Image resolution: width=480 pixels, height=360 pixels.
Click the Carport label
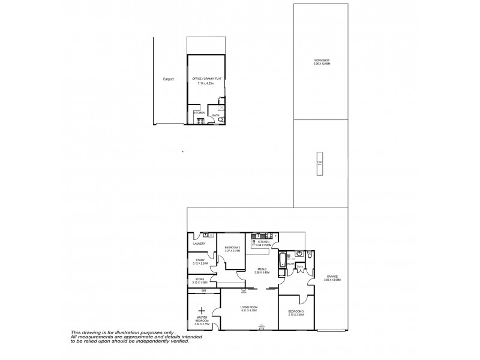pos(168,79)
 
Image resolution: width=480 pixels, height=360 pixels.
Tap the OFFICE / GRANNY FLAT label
pos(206,79)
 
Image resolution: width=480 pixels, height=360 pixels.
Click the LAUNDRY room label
pos(200,243)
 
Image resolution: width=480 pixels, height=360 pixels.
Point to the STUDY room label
pos(200,260)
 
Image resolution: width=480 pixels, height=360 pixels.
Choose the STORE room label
pos(200,278)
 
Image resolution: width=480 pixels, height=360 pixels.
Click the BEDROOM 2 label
pos(232,248)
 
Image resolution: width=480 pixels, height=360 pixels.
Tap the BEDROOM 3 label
pos(296,311)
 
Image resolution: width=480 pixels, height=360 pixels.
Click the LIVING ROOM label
pos(248,307)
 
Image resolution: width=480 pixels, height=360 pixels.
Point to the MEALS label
pos(262,269)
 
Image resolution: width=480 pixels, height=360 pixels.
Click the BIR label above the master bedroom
pos(203,290)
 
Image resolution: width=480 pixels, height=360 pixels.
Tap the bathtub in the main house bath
pos(282,260)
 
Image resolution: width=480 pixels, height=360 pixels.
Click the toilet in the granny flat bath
pos(221,119)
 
